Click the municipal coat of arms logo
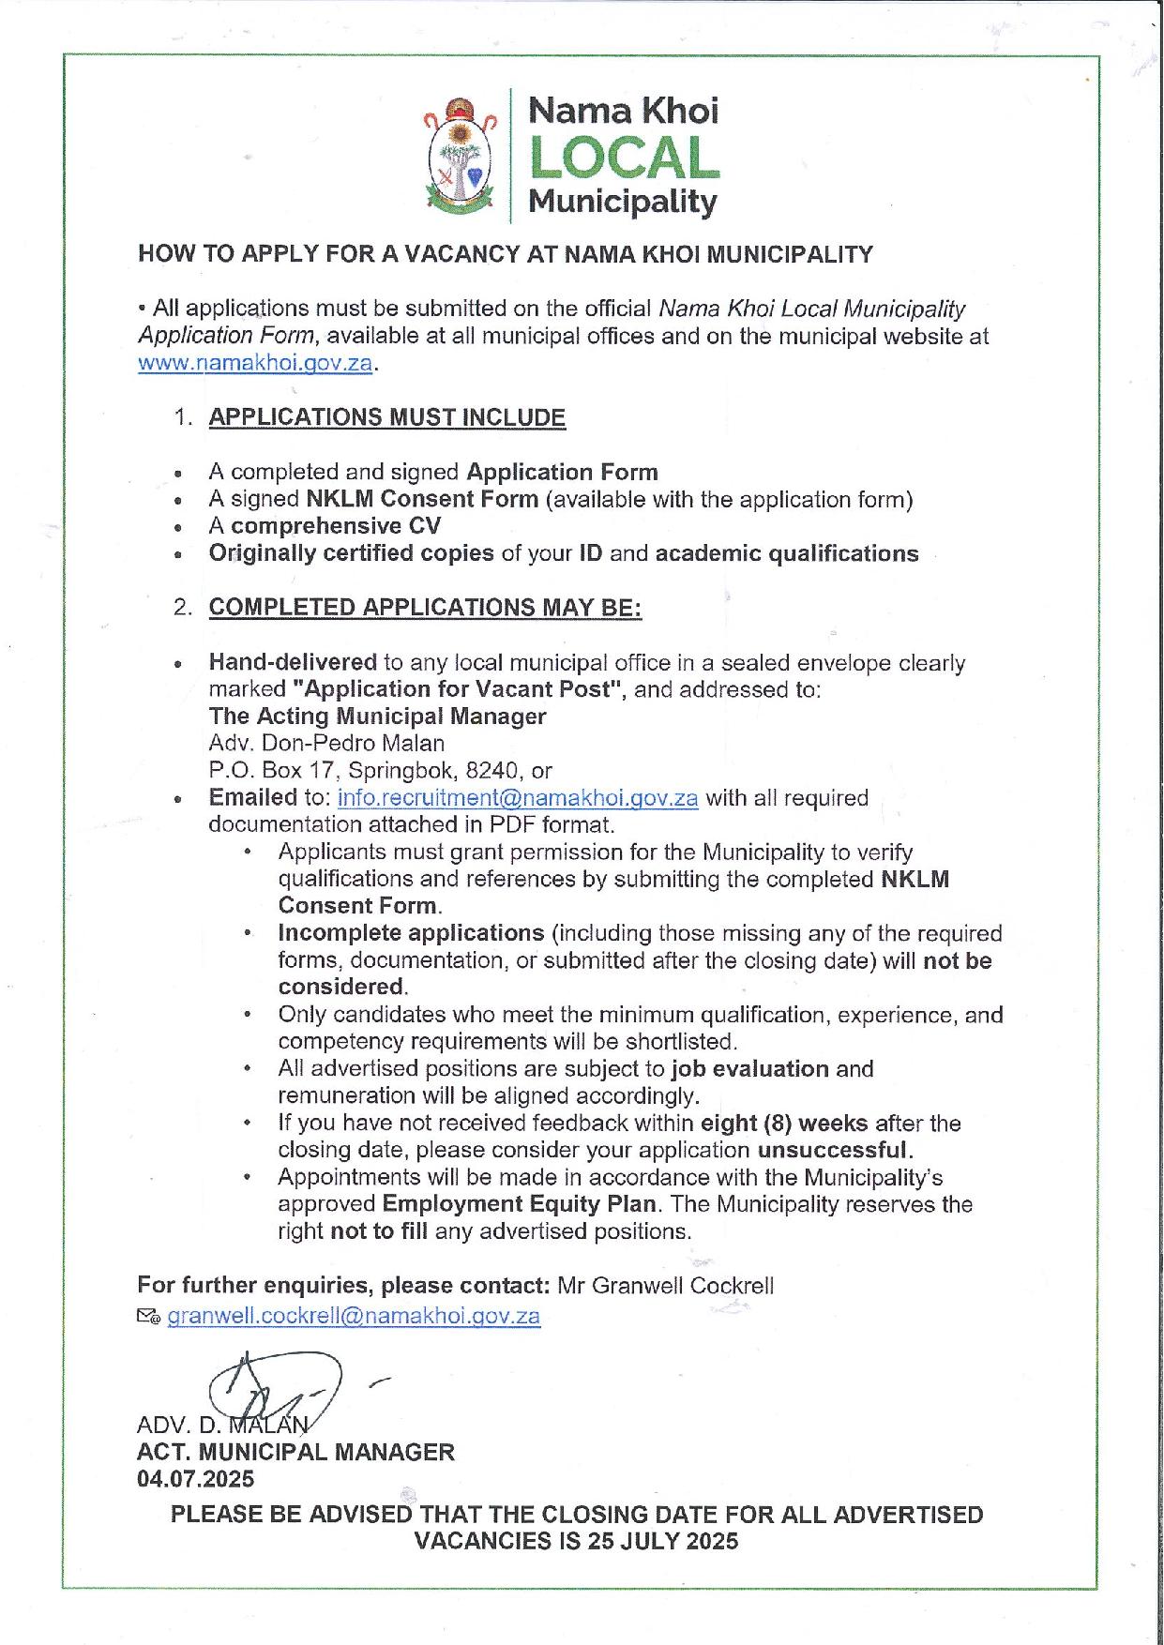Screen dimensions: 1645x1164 458,157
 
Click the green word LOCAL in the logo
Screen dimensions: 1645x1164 624,159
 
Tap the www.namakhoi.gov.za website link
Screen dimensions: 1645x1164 255,364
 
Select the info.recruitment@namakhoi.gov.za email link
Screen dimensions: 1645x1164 517,798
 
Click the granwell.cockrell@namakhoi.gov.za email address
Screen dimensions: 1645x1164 354,1316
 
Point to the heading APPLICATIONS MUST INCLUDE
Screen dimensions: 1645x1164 386,417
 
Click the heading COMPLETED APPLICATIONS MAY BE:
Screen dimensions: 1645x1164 425,607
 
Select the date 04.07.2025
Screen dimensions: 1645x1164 195,1479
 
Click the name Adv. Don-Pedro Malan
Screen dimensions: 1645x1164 326,744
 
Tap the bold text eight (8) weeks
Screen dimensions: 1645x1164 784,1123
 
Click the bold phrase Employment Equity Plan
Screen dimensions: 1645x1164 520,1204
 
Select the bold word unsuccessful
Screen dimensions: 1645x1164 835,1150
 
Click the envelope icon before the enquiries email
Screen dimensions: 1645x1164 148,1317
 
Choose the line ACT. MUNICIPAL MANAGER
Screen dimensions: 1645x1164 295,1453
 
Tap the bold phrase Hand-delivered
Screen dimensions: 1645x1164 293,663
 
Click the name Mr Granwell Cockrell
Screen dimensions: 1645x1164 666,1286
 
